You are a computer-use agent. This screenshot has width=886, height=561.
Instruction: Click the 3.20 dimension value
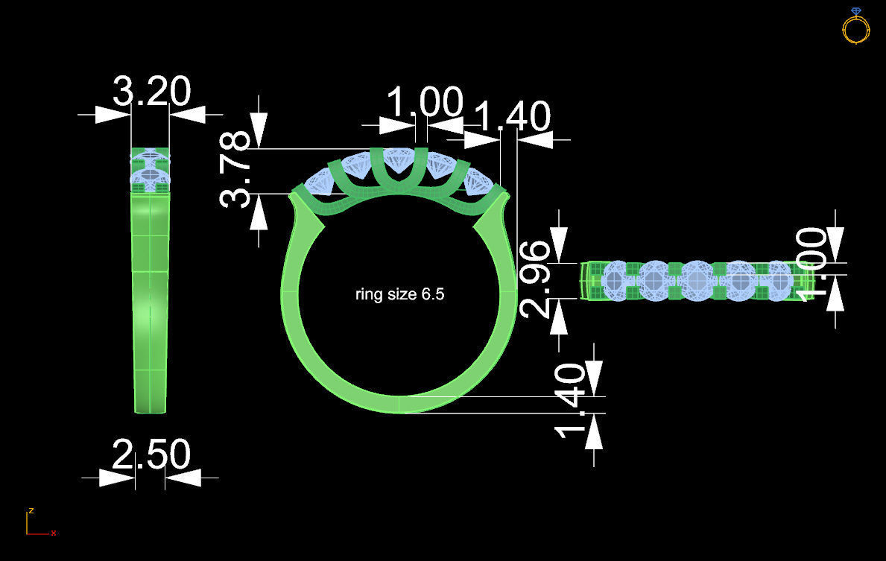pyautogui.click(x=151, y=92)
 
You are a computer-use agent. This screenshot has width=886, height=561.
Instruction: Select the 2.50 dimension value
pyautogui.click(x=151, y=454)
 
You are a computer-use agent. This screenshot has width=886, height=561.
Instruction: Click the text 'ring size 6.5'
pyautogui.click(x=399, y=294)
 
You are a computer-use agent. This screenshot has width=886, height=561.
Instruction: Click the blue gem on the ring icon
pyautogui.click(x=855, y=11)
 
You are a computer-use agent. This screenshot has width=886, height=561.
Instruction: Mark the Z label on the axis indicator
pyautogui.click(x=31, y=511)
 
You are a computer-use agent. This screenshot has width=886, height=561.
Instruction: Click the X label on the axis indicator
pyautogui.click(x=54, y=533)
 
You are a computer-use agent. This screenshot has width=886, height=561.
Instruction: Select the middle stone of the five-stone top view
pyautogui.click(x=697, y=279)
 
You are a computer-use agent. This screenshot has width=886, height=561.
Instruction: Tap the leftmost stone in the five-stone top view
pyautogui.click(x=616, y=279)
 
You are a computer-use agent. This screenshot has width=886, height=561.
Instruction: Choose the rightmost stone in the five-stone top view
pyautogui.click(x=778, y=279)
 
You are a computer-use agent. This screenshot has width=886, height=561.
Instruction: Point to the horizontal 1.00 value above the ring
pyautogui.click(x=425, y=104)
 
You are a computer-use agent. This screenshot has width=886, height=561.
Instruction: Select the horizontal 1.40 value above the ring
pyautogui.click(x=512, y=117)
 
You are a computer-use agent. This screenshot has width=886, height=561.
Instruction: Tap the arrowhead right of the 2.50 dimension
pyautogui.click(x=183, y=478)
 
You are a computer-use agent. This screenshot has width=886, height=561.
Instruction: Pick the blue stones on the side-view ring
pyautogui.click(x=151, y=170)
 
